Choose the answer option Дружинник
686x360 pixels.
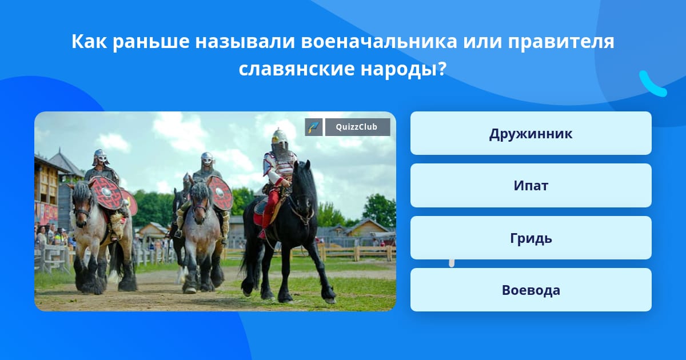click(531, 133)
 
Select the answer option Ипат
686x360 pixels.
click(531, 186)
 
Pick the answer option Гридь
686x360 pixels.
click(531, 238)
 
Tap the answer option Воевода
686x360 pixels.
click(531, 290)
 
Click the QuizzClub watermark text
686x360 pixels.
click(357, 127)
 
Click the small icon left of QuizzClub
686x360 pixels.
click(314, 127)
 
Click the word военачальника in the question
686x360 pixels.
click(379, 42)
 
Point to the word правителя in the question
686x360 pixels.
click(561, 42)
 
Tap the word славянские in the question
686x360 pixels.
click(296, 69)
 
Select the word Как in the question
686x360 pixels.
click(89, 41)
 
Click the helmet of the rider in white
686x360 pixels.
click(280, 142)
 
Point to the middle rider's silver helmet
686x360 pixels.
click(208, 159)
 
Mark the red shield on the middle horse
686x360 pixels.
click(220, 193)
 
